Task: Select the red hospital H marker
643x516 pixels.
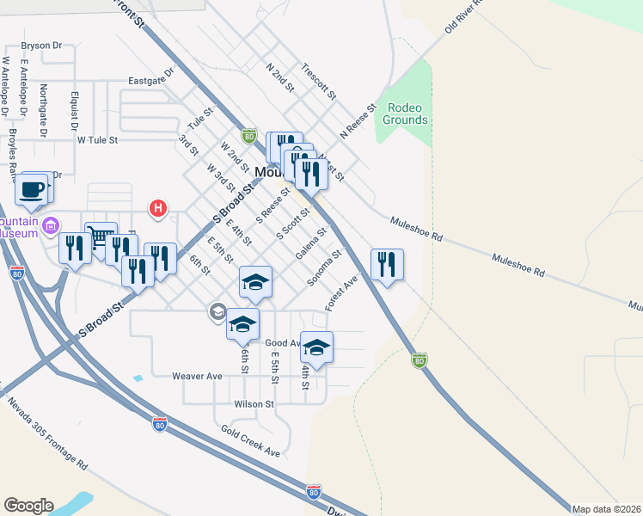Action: coord(158,207)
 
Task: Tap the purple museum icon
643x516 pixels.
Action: coord(51,226)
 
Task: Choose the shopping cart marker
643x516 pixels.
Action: coord(101,236)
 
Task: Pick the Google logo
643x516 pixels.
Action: coord(28,506)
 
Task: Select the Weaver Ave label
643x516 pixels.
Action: coord(197,376)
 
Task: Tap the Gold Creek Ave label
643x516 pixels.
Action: coord(250,441)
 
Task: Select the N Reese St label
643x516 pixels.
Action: coord(358,123)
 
